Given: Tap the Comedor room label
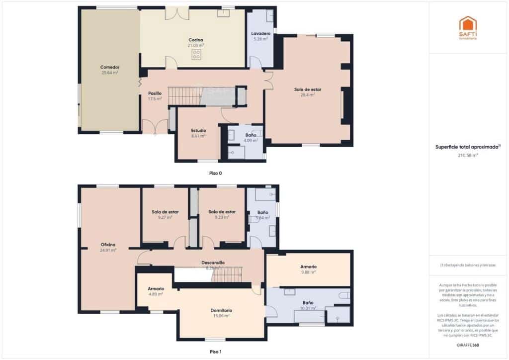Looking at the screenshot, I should pos(110,67).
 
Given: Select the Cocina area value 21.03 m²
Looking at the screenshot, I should pos(196,45).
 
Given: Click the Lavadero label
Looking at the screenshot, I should pos(260,33).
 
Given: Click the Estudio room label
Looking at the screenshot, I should pos(198,130).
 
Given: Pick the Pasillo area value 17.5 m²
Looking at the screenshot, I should pos(155,99).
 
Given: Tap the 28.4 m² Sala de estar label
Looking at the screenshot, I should pos(308,90).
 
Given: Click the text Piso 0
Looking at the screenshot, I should pos(216,173).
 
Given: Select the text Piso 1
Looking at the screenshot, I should pos(216,352).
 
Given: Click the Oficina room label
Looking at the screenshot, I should pos(108,244).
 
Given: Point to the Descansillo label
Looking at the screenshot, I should pos(213,262).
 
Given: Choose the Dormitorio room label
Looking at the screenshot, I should pos(221,310).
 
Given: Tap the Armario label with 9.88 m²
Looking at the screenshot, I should pos(308,267).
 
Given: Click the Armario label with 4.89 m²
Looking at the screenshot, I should pos(156,288).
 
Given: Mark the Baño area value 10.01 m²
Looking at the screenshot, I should pos(308,308).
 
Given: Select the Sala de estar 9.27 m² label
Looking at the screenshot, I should pos(165,212).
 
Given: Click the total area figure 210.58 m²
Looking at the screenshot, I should pos(468,155).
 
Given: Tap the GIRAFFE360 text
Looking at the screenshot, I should pos(468,345).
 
